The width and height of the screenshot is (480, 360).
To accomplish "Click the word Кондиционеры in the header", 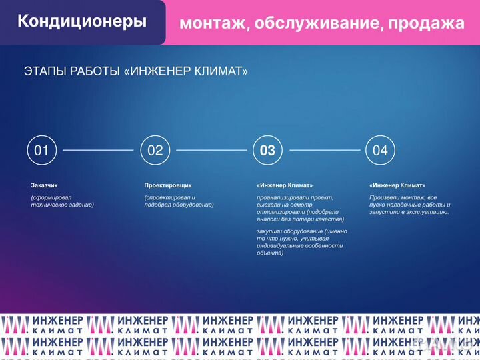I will click(x=82, y=21).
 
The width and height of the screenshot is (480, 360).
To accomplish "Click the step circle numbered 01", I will click(x=41, y=151).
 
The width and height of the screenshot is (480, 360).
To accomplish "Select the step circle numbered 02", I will click(x=155, y=151).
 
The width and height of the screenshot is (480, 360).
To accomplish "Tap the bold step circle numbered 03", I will click(x=267, y=151).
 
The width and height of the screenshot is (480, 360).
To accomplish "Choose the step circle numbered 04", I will click(x=380, y=151).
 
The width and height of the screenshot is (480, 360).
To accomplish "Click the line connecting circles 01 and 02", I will click(x=98, y=151).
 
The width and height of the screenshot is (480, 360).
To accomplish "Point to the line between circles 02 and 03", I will click(x=211, y=151).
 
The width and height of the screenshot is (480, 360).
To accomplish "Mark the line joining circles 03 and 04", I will click(x=324, y=151).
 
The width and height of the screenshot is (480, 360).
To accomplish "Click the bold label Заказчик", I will click(x=45, y=185).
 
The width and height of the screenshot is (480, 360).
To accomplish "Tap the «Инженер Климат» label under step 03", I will click(x=285, y=185).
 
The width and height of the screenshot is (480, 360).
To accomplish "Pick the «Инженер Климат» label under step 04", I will click(x=397, y=185).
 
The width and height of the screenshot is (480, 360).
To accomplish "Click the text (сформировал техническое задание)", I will click(x=62, y=201).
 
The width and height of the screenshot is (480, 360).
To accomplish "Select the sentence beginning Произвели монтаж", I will click(x=409, y=205).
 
